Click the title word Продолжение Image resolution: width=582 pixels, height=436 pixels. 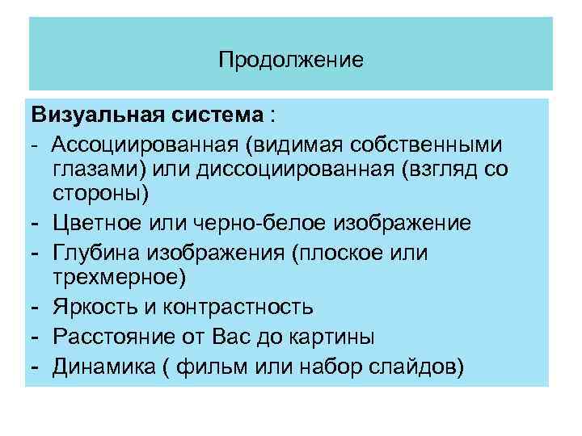[291, 60]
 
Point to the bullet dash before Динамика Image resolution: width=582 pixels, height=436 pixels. [36, 367]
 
